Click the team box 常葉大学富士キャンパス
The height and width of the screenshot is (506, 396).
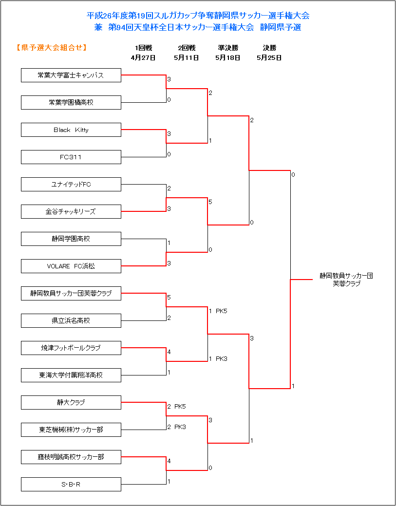[71, 75]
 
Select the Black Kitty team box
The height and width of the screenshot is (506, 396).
[71, 130]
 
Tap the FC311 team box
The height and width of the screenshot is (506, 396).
[71, 157]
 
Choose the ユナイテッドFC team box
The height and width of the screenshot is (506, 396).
[71, 184]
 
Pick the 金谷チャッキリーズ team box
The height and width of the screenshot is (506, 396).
[71, 211]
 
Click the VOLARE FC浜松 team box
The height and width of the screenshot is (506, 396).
[71, 266]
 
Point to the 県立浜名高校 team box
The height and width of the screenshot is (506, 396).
[71, 320]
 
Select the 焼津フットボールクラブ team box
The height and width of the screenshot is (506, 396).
[71, 348]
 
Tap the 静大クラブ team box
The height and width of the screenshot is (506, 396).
[71, 402]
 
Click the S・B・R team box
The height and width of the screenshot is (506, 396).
[71, 484]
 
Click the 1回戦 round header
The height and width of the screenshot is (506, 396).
[144, 48]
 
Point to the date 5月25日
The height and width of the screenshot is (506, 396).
[269, 58]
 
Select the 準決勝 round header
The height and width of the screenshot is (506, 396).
[228, 48]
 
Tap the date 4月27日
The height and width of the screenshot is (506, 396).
[143, 58]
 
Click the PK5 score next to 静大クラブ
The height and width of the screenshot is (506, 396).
[180, 407]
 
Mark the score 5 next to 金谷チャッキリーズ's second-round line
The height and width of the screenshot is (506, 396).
[210, 202]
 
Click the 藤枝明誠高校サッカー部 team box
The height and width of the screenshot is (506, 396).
[71, 457]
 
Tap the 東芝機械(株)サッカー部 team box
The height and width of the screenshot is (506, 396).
[71, 430]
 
